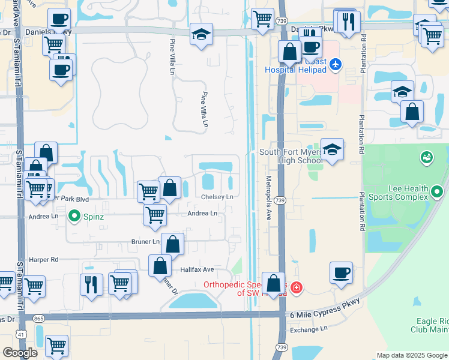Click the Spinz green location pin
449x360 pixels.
coord(74,215)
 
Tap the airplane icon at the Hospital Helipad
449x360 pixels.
coord(335,64)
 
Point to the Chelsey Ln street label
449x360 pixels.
coord(217,197)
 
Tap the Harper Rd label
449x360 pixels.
coord(46,260)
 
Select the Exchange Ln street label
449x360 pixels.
coord(309,329)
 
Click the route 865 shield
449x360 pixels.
coord(39,319)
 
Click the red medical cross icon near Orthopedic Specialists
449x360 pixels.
coord(295,289)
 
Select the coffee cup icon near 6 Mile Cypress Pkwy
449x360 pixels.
coord(341,272)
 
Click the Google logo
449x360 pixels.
coord(20,353)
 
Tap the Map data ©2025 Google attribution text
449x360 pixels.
coord(411,355)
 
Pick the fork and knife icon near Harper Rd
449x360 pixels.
coord(91,284)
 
